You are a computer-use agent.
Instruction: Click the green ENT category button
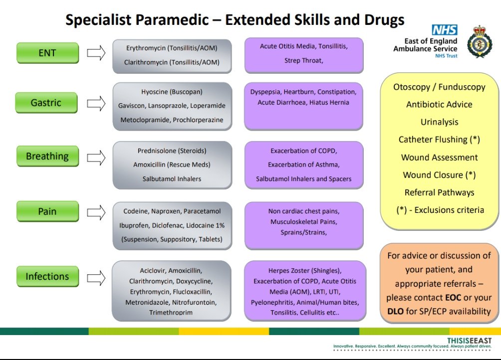[47, 53]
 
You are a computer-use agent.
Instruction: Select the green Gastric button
[46, 103]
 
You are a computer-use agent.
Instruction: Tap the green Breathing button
[47, 156]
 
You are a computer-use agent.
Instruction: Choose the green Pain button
[47, 211]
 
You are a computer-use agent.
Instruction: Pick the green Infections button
[47, 276]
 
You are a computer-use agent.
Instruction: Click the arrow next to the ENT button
[96, 53]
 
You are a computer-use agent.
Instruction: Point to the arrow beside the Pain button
[96, 211]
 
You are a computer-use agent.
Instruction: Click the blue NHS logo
[445, 30]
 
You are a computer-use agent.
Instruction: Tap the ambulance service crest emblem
[480, 41]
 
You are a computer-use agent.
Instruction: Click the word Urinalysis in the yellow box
[439, 122]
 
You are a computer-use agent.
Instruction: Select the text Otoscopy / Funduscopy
[439, 87]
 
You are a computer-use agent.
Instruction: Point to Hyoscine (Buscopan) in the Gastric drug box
[172, 92]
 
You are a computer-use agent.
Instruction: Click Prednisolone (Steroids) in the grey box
[172, 151]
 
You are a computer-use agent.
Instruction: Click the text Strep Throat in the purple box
[304, 61]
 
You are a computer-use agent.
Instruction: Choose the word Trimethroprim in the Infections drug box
[172, 313]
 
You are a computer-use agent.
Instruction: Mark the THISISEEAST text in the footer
[469, 340]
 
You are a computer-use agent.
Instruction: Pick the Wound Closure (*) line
[439, 175]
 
